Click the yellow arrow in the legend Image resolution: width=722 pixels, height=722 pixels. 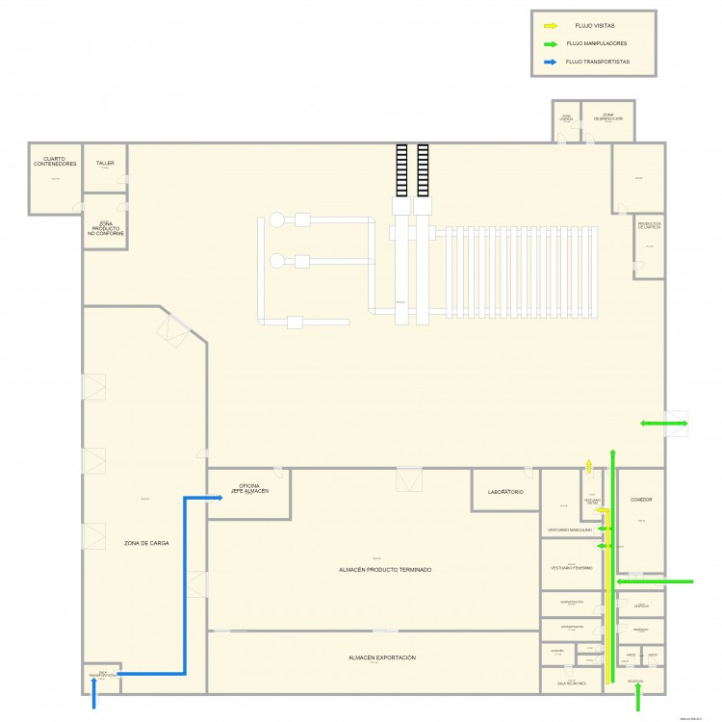(x=550, y=26)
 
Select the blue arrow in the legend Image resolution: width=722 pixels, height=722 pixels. (x=550, y=62)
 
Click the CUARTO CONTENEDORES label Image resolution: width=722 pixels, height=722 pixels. (x=55, y=162)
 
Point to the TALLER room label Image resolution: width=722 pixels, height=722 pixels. (x=105, y=164)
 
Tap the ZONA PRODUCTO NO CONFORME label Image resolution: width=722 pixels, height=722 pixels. (x=105, y=228)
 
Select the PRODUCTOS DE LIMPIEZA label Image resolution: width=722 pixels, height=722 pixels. (x=649, y=226)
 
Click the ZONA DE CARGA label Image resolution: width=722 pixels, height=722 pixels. (x=146, y=544)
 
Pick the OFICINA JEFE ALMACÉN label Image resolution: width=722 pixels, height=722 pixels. (x=248, y=488)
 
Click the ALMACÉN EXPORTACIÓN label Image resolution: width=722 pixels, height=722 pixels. (x=382, y=658)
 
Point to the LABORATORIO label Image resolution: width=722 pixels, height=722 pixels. (x=505, y=493)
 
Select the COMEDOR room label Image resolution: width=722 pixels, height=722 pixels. (x=641, y=500)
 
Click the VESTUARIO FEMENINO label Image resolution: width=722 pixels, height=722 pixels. (x=572, y=568)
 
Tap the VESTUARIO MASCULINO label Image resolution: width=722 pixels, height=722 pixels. (x=569, y=530)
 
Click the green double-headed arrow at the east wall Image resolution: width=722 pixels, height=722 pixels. (x=664, y=424)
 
